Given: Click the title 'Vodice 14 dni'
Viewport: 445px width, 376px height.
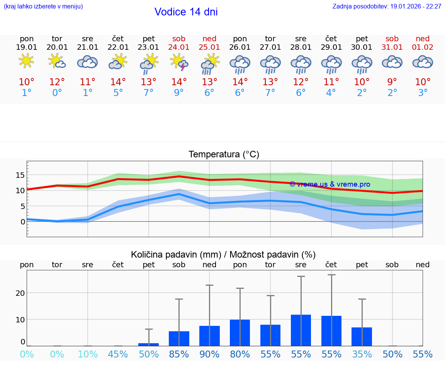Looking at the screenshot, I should pyautogui.click(x=186, y=12).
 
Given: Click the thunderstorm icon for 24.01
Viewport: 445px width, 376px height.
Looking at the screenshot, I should pyautogui.click(x=179, y=62).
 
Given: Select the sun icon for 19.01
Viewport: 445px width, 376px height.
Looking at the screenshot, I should pyautogui.click(x=26, y=61).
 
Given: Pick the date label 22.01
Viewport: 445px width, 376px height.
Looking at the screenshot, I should pyautogui.click(x=118, y=47).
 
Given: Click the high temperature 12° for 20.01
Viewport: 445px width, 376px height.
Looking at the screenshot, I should pyautogui.click(x=57, y=82).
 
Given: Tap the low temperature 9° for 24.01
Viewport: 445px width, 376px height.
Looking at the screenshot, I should pyautogui.click(x=179, y=93).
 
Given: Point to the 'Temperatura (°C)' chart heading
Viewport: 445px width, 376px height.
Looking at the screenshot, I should pyautogui.click(x=224, y=155).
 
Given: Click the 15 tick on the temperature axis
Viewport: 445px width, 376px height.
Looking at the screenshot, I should pyautogui.click(x=20, y=175).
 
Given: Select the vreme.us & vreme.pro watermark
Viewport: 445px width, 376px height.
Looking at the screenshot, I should pyautogui.click(x=330, y=184).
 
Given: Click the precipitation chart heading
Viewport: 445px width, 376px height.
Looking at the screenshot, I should pyautogui.click(x=223, y=255).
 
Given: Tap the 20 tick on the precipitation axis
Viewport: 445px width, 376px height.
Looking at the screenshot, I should pyautogui.click(x=20, y=293).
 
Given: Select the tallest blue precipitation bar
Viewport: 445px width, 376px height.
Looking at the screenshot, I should pyautogui.click(x=301, y=330).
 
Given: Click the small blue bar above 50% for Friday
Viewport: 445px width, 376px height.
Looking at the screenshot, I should pyautogui.click(x=149, y=344).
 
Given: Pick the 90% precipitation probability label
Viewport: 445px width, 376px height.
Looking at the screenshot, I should pyautogui.click(x=209, y=354).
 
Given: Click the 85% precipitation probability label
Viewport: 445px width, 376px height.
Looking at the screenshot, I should pyautogui.click(x=179, y=354).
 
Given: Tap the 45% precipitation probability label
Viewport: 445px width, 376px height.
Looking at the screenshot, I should pyautogui.click(x=118, y=354).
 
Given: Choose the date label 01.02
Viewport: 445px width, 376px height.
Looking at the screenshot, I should pyautogui.click(x=423, y=47).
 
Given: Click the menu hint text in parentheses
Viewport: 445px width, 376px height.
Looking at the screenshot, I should pyautogui.click(x=43, y=6).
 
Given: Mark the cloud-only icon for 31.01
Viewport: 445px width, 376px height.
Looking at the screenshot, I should pyautogui.click(x=392, y=62).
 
